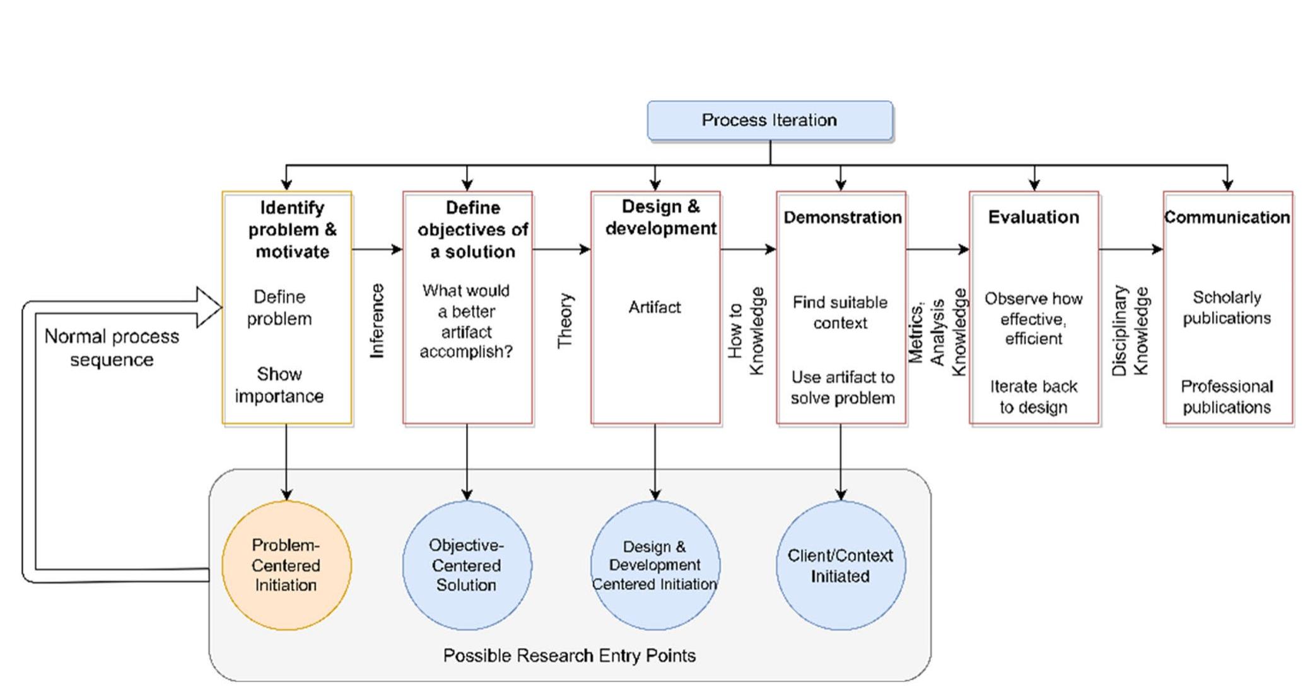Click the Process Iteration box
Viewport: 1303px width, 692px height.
(x=770, y=120)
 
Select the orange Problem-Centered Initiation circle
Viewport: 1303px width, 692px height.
(x=286, y=565)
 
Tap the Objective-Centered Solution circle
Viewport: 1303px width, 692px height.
(x=467, y=565)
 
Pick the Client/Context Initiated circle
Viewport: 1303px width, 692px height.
(x=841, y=565)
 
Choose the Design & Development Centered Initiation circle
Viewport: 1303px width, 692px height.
(x=655, y=565)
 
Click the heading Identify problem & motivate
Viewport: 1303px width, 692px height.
(x=293, y=229)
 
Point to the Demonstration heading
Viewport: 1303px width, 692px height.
(x=843, y=217)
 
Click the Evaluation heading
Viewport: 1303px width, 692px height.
(x=1034, y=217)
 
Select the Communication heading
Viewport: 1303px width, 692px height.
(x=1227, y=217)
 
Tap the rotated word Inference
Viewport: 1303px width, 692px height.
(x=377, y=321)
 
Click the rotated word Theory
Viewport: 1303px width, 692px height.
(x=565, y=321)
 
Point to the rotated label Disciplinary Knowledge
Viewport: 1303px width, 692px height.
(x=1131, y=331)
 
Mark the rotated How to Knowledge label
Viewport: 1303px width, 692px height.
(x=746, y=331)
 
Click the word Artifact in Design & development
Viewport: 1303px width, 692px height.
(x=655, y=308)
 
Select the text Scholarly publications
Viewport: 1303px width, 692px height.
(x=1227, y=308)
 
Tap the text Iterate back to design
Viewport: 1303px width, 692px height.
(x=1034, y=396)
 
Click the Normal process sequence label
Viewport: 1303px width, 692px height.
(x=112, y=348)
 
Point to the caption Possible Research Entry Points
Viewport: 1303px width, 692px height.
(x=570, y=655)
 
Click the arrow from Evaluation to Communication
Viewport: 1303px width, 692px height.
(x=1131, y=250)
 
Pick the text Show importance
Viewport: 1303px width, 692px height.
(x=279, y=385)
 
